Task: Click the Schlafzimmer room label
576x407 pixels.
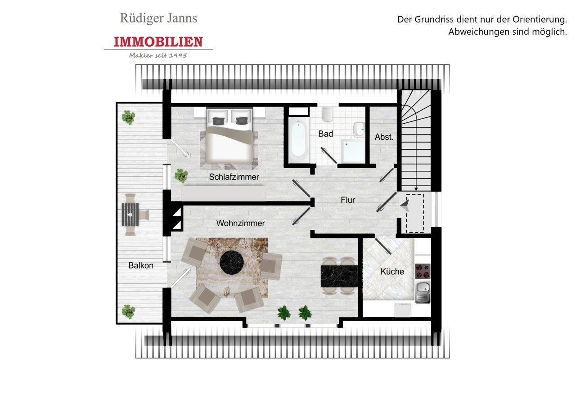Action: pos(234,177)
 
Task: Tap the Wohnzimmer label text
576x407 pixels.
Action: pos(240,223)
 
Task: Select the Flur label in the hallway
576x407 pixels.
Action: pos(347,200)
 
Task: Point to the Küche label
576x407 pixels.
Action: pos(392,272)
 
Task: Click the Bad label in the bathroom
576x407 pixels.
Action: pos(325,134)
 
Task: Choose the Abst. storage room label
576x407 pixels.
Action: pos(384,137)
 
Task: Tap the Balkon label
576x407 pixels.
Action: pos(141,265)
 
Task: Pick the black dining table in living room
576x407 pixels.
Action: pos(339,276)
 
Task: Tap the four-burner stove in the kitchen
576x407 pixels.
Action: pos(423,271)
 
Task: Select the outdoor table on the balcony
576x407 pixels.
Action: pos(130,214)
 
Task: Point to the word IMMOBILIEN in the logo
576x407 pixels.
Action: pos(158,42)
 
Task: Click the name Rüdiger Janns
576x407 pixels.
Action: pos(158,18)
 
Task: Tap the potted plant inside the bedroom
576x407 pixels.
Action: pos(181,175)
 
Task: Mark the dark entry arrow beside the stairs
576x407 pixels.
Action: pos(405,206)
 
